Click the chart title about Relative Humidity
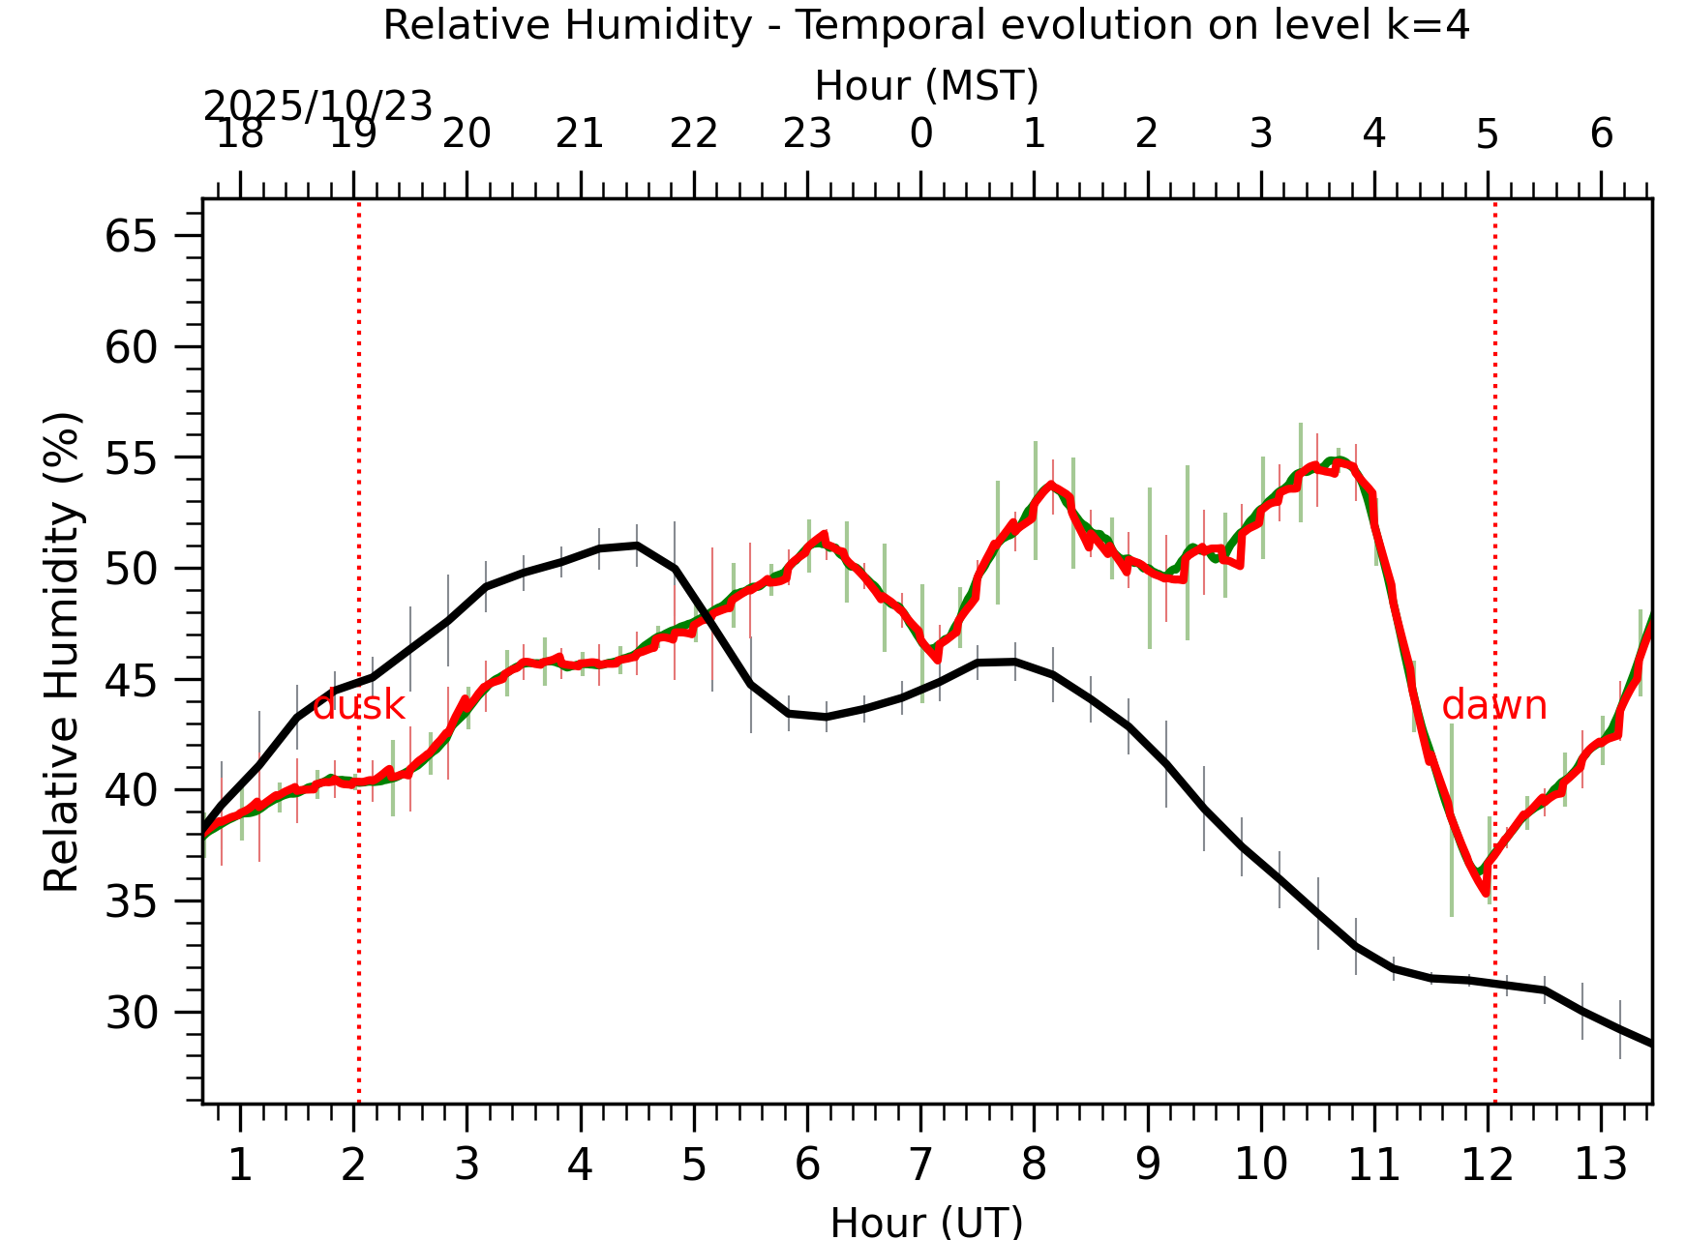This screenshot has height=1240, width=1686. click(926, 25)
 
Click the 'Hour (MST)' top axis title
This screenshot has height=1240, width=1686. click(926, 86)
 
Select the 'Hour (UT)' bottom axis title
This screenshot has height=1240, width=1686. click(926, 1222)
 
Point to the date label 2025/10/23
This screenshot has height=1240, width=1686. click(317, 106)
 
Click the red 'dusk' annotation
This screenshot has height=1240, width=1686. click(359, 706)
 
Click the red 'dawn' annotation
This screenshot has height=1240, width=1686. click(1494, 706)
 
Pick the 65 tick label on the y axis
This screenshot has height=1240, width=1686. click(131, 236)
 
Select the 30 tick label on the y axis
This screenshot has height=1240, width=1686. click(131, 1013)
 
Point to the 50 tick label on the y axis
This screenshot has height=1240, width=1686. click(131, 569)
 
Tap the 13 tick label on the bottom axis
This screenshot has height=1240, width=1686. click(1601, 1164)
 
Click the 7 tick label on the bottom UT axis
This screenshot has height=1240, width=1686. click(920, 1164)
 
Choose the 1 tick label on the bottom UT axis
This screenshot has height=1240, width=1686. click(240, 1164)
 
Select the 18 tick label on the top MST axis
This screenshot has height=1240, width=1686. click(240, 133)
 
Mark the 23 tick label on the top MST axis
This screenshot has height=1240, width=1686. click(807, 133)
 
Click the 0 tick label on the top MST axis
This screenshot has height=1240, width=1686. click(920, 133)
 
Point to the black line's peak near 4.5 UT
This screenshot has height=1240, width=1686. click(636, 546)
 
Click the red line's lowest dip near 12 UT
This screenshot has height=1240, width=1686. click(1485, 893)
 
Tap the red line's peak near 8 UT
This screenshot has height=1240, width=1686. click(1051, 484)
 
